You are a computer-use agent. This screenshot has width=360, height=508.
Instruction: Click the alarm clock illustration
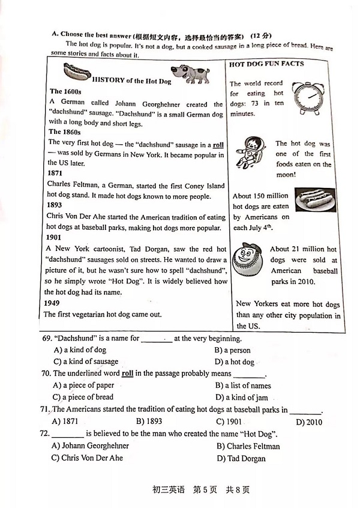click(x=309, y=96)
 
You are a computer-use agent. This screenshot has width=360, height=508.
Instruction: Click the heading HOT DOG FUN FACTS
click(x=266, y=64)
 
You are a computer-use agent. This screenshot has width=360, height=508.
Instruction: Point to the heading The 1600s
click(x=65, y=91)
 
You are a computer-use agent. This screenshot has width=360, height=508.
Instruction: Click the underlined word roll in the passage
click(x=218, y=145)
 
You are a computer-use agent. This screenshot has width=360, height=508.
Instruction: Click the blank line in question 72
click(x=68, y=434)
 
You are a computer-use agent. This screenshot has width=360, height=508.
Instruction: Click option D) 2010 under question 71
click(x=309, y=422)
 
